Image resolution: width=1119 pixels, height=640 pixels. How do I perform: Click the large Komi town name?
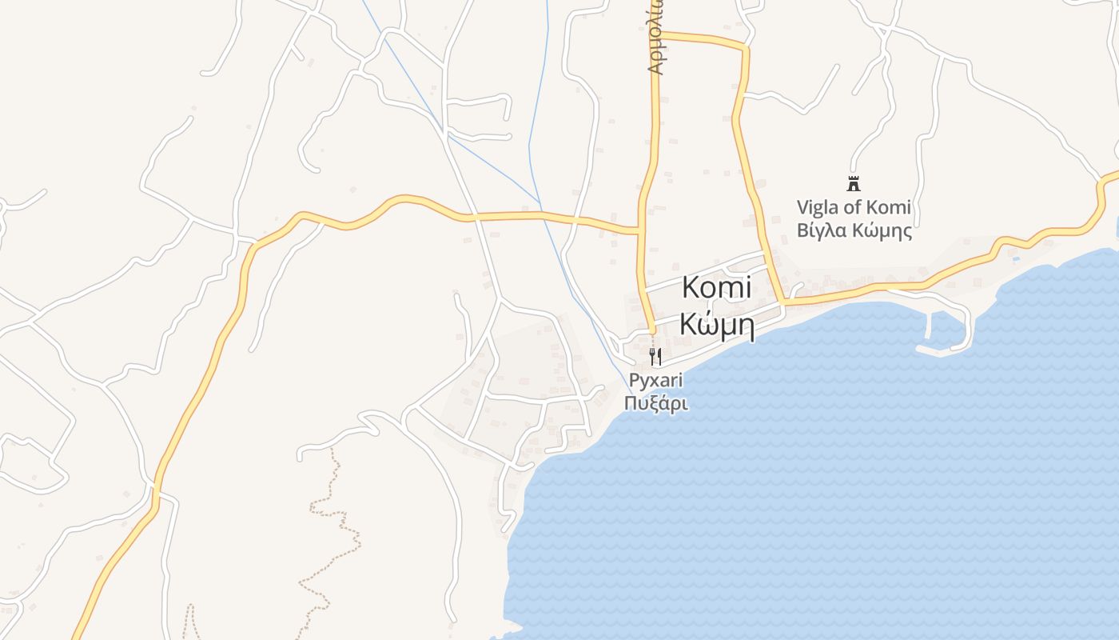(x=716, y=287)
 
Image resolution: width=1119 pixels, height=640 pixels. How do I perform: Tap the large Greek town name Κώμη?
(x=717, y=325)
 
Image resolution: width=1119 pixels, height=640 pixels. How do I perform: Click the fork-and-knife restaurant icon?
(x=655, y=356)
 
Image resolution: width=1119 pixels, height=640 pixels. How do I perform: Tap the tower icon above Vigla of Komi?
(x=854, y=184)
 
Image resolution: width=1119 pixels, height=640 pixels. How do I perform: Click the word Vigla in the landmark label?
(x=815, y=208)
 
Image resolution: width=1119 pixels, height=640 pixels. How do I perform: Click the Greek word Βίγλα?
(x=820, y=231)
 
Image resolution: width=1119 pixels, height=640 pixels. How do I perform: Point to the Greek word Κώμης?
(x=880, y=231)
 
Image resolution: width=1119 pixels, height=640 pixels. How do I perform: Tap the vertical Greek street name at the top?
(x=655, y=48)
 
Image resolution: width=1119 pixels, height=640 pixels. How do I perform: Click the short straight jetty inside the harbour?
(x=928, y=325)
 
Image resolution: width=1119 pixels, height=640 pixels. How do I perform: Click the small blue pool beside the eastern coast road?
(x=1015, y=258)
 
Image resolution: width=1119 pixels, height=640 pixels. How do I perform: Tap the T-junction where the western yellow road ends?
(x=640, y=231)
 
